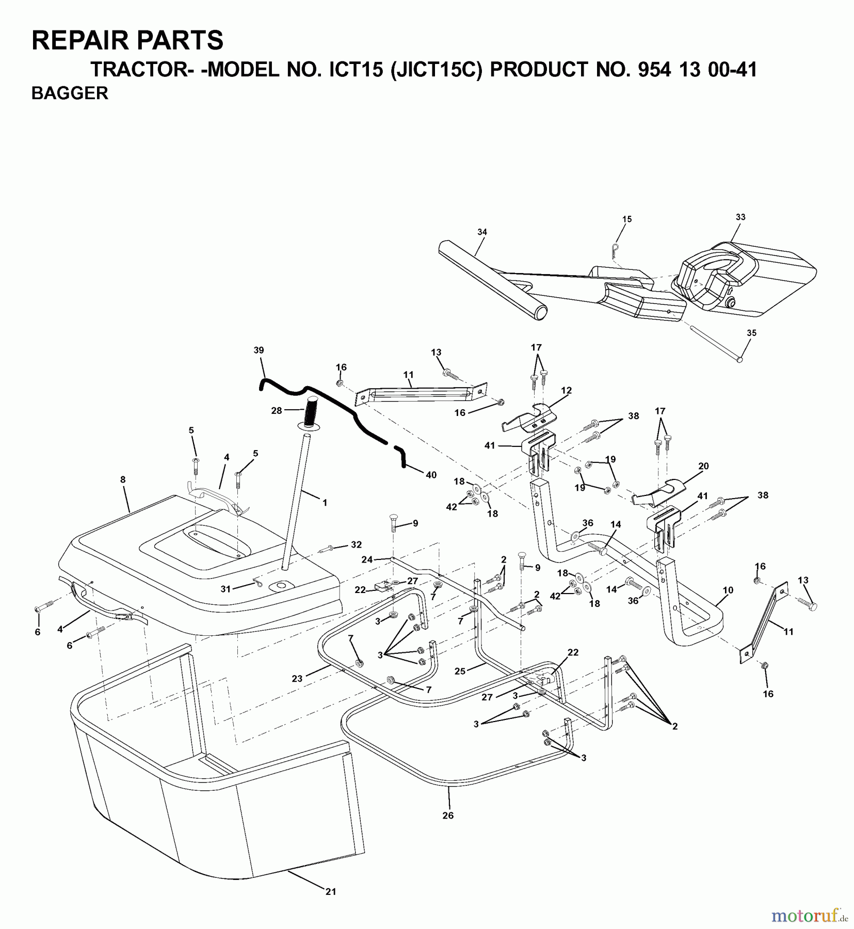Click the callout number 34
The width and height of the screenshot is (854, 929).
[482, 232]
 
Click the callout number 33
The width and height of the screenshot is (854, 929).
[740, 217]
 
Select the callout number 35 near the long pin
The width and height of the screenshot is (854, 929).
[751, 333]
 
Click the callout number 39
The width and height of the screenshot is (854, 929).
[259, 350]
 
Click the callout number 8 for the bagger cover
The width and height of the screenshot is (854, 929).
[123, 479]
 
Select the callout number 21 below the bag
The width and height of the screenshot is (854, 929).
[331, 891]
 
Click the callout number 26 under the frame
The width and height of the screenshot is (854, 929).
[448, 815]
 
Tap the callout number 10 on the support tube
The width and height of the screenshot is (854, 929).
[728, 590]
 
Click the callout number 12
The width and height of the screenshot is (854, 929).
[567, 391]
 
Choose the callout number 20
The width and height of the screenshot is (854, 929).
[703, 466]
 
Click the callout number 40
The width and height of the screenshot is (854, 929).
[431, 475]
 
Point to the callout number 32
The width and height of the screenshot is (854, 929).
[356, 544]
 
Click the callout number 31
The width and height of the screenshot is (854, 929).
[225, 589]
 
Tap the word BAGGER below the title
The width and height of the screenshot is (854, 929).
[70, 93]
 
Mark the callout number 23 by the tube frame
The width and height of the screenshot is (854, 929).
[297, 679]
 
